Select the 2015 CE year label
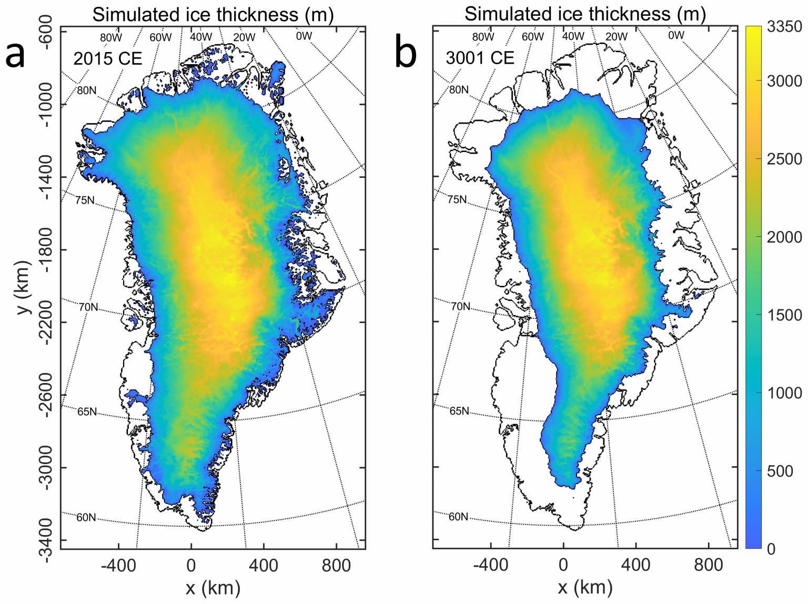point(108,58)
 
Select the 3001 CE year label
point(480,57)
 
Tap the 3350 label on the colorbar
point(784,27)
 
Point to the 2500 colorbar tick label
point(784,159)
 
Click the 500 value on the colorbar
point(780,471)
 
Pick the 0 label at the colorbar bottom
point(771,549)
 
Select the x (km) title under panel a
point(213,588)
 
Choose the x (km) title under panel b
point(585,588)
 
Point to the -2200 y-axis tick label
point(46,322)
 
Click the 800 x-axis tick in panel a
point(336,566)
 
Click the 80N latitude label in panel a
point(87,90)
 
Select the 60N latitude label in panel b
point(458,517)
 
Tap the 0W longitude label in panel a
point(304,36)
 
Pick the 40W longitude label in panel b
point(573,36)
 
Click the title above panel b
point(585,14)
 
